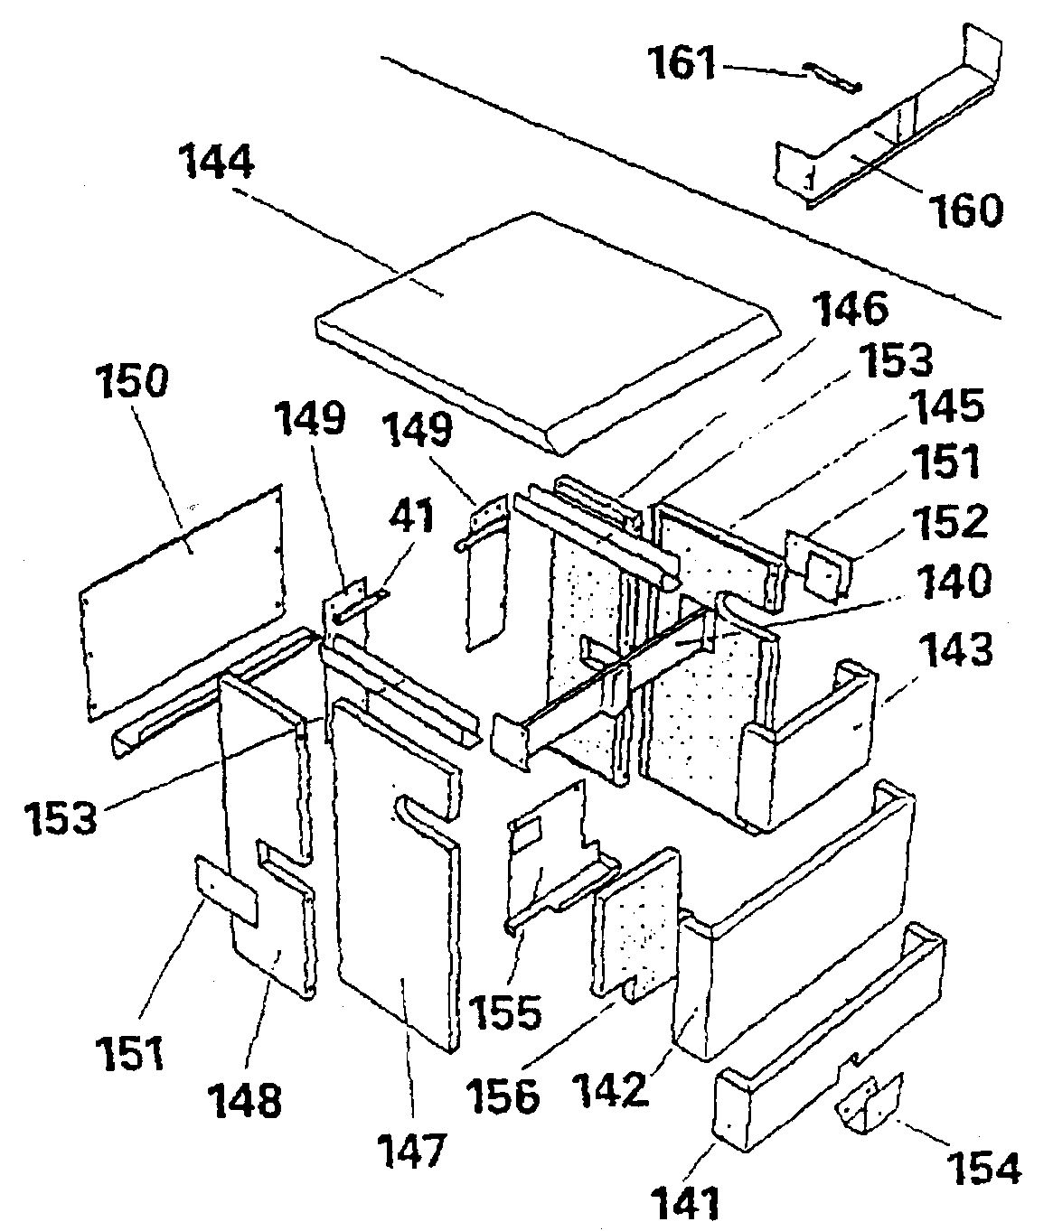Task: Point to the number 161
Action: pos(682,66)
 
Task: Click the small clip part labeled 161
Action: pos(833,79)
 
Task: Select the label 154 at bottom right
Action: pos(983,1166)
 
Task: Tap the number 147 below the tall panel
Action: pos(413,1151)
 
